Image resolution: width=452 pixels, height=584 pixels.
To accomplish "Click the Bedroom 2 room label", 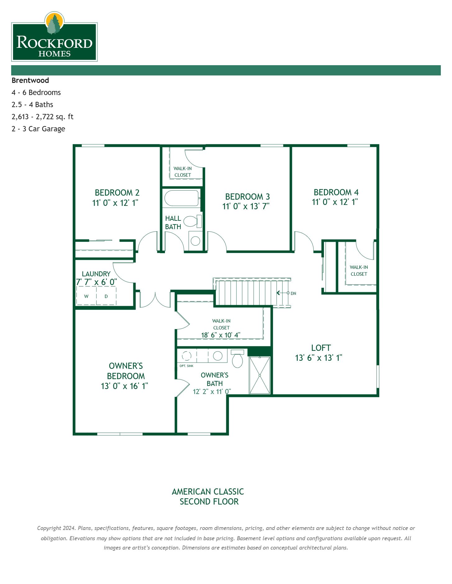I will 117,192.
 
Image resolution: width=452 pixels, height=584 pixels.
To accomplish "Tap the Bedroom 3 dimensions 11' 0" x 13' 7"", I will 246,206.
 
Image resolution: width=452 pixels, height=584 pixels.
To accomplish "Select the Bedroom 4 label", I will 336,192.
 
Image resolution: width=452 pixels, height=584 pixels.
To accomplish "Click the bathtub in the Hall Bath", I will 181,198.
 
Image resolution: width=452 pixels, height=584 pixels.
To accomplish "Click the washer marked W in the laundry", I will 86,296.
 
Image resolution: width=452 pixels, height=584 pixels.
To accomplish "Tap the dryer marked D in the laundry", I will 106,296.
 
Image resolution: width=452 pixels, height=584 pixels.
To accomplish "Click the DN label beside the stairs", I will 293,293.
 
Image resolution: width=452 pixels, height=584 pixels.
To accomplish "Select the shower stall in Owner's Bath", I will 260,375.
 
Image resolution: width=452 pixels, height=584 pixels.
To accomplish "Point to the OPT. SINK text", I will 186,366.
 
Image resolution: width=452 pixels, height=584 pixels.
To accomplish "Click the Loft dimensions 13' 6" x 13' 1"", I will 318,358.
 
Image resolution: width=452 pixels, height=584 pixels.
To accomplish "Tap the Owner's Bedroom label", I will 126,371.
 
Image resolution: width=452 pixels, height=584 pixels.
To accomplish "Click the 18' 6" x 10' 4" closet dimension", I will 221,335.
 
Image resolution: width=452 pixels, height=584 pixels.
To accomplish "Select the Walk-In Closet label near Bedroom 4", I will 359,271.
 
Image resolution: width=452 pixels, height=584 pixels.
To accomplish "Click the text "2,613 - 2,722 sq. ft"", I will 43,117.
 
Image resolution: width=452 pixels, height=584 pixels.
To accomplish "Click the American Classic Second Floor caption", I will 208,497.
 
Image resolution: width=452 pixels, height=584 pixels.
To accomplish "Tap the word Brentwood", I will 30,80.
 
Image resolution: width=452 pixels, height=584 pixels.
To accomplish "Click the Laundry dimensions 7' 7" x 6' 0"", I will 96,282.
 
